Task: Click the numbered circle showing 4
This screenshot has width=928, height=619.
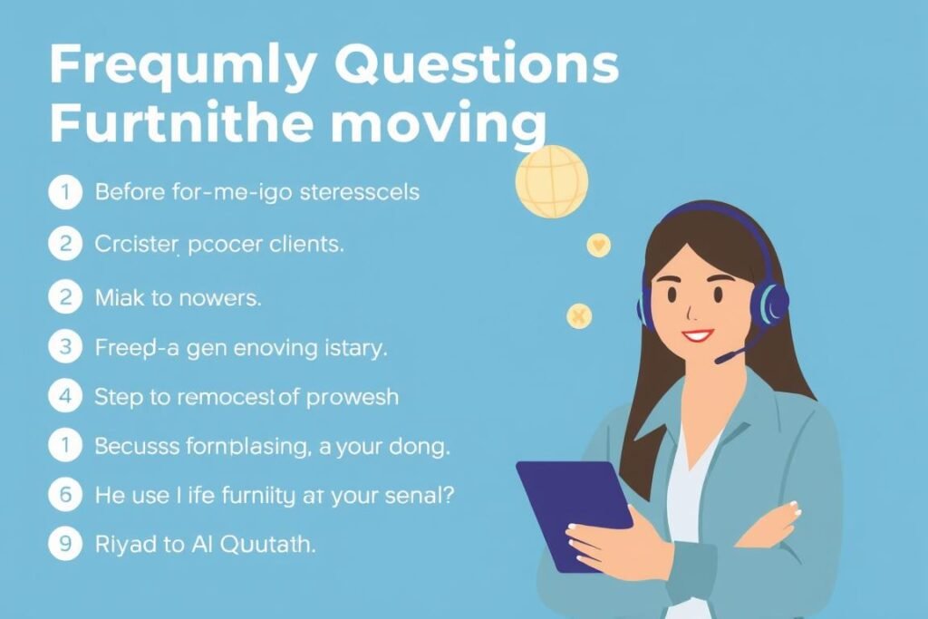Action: coord(64,396)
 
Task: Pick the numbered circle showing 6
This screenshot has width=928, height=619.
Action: coord(64,494)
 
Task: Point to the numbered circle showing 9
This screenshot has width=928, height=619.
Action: coord(64,545)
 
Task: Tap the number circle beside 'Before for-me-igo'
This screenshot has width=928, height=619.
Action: coord(64,192)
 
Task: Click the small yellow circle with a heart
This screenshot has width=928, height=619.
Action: coord(598,245)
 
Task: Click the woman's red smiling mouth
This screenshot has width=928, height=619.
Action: coord(697,336)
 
